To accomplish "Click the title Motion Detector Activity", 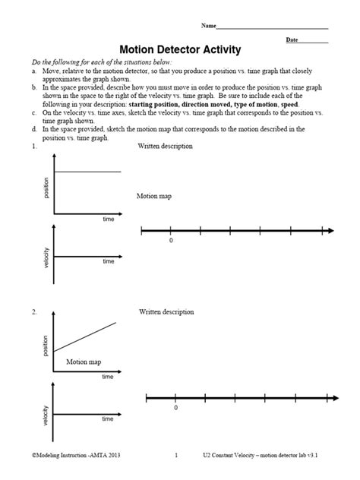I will click(x=180, y=49).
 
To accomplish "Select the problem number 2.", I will click(x=34, y=311).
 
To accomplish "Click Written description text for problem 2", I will click(x=166, y=311).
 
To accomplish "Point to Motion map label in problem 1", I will click(x=154, y=195).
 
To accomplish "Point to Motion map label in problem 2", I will click(x=84, y=362).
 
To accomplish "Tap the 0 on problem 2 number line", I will click(x=175, y=408).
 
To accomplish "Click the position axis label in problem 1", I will click(x=46, y=188).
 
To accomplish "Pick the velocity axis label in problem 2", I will click(x=46, y=418).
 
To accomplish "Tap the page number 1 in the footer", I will click(x=175, y=456).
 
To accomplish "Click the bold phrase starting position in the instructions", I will click(x=156, y=104).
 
